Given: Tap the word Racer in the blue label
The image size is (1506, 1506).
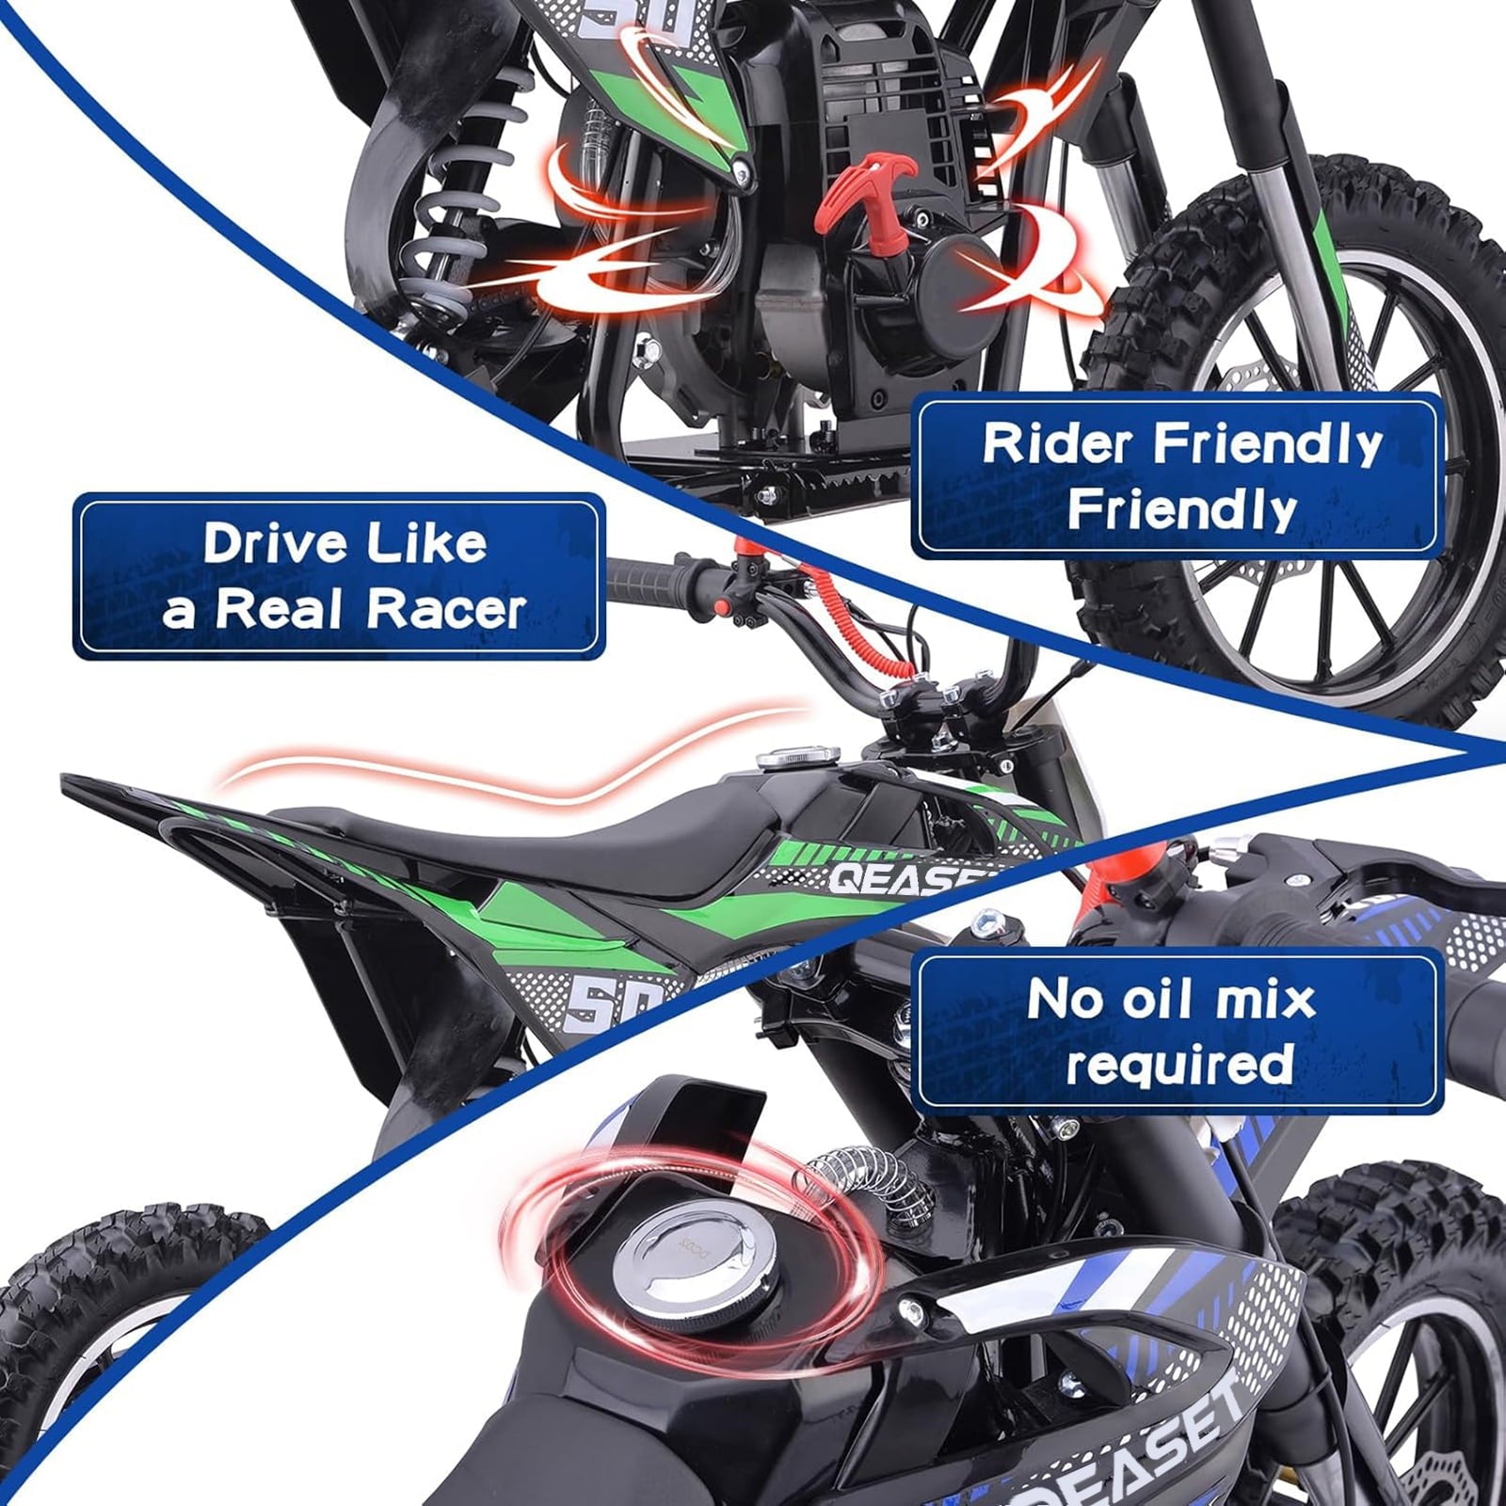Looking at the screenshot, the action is (445, 609).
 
